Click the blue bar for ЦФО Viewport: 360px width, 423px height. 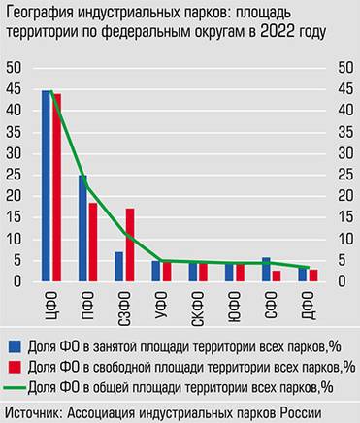[x=47, y=185]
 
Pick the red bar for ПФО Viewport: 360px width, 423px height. [x=93, y=242]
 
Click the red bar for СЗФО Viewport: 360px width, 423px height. [x=130, y=244]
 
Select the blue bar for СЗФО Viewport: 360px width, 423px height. [x=119, y=267]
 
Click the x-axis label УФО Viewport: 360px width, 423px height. [x=159, y=297]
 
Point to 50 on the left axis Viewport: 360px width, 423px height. [x=15, y=68]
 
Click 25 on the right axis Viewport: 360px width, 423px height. [x=345, y=175]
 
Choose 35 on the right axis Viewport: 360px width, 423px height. [x=345, y=132]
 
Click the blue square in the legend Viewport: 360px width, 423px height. [x=14, y=345]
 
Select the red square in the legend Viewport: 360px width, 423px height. [x=14, y=366]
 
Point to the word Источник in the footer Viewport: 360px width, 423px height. [x=32, y=412]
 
